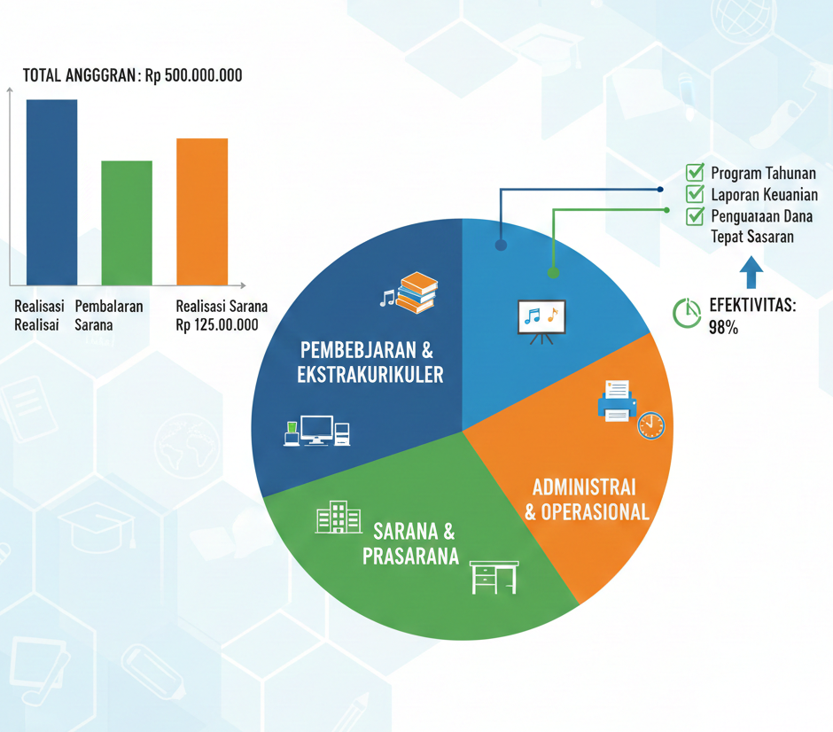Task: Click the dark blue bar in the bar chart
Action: pos(51,192)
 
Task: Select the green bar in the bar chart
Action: pos(127,223)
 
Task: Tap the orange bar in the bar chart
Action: pos(202,212)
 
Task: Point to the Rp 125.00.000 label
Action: pos(217,325)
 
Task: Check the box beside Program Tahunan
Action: pos(695,172)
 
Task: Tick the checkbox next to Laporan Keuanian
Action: pos(695,193)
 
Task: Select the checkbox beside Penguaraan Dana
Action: pos(695,215)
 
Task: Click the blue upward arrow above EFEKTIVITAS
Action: pos(751,273)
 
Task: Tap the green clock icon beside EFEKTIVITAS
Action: pos(687,313)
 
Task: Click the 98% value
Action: pos(723,328)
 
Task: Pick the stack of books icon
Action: pos(416,292)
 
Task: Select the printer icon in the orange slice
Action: pos(617,401)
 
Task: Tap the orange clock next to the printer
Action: pos(651,425)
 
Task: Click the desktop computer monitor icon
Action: pos(317,430)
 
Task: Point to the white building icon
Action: pos(339,517)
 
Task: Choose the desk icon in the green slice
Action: pos(494,577)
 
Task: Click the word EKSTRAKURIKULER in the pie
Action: pos(370,375)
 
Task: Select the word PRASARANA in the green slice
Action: pos(410,557)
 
